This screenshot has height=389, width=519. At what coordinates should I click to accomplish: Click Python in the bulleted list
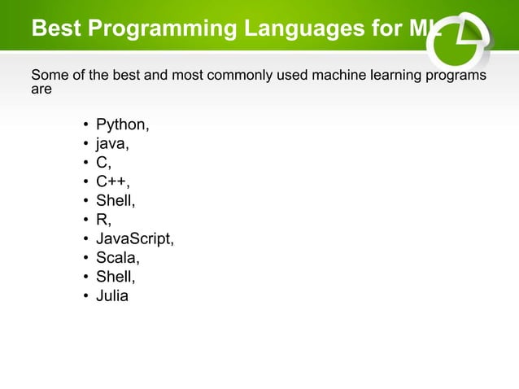point(121,125)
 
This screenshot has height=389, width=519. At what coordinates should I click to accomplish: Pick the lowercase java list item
point(111,144)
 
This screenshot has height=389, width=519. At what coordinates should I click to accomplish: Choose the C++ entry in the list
point(112,181)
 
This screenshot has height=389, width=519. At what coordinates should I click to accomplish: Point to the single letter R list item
point(103,220)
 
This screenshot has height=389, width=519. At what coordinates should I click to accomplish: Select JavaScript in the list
point(134,239)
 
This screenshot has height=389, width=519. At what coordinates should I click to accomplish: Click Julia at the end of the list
point(112,296)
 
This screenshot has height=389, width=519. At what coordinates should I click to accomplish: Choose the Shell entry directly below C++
point(115,201)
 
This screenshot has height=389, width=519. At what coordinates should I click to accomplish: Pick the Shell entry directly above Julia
point(115,277)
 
